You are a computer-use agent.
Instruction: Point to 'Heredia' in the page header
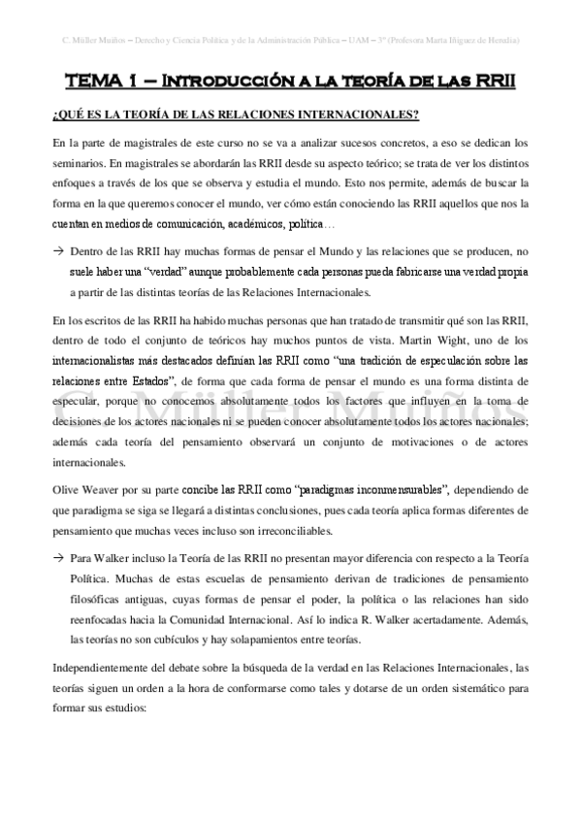point(496,40)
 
